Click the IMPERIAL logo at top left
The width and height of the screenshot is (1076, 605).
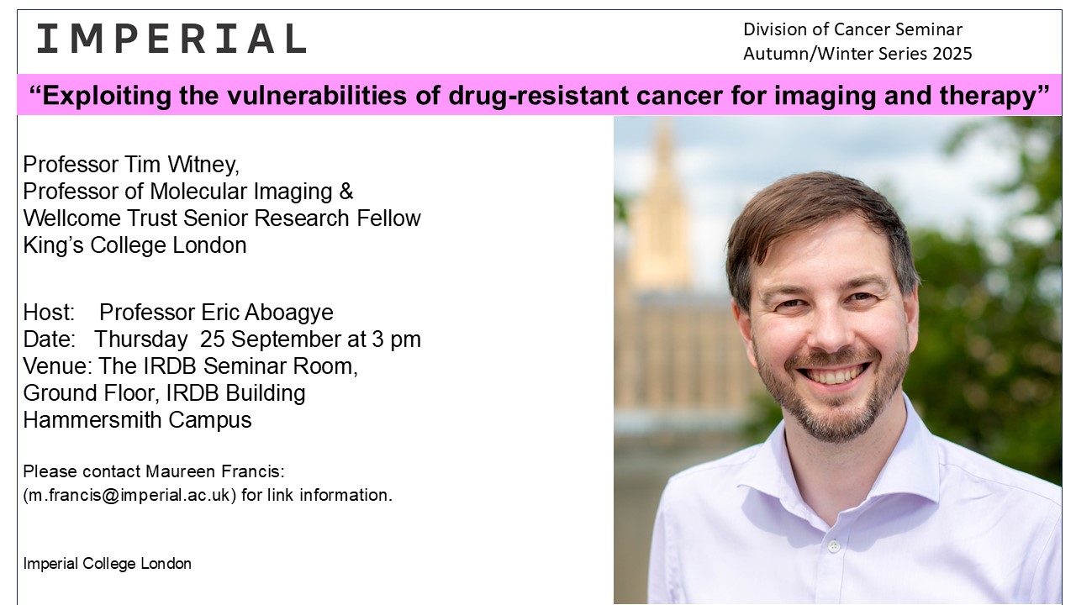[172, 39]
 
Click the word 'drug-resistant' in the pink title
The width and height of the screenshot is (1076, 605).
[539, 95]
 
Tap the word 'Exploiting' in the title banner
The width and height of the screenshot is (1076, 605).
[107, 95]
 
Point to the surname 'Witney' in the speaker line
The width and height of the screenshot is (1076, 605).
[203, 165]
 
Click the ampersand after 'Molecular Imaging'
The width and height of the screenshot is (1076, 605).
[345, 192]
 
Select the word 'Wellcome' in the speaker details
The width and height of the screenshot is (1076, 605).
[72, 218]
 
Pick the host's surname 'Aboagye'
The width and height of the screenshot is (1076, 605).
[288, 313]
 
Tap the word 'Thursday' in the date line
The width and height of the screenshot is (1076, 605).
[140, 339]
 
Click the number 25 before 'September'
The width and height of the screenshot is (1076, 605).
[213, 339]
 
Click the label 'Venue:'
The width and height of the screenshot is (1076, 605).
[58, 366]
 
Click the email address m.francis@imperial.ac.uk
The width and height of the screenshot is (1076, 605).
[129, 495]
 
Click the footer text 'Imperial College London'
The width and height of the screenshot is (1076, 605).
[107, 564]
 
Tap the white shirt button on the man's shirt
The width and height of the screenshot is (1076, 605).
[834, 546]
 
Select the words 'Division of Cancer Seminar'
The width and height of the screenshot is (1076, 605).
[852, 29]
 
